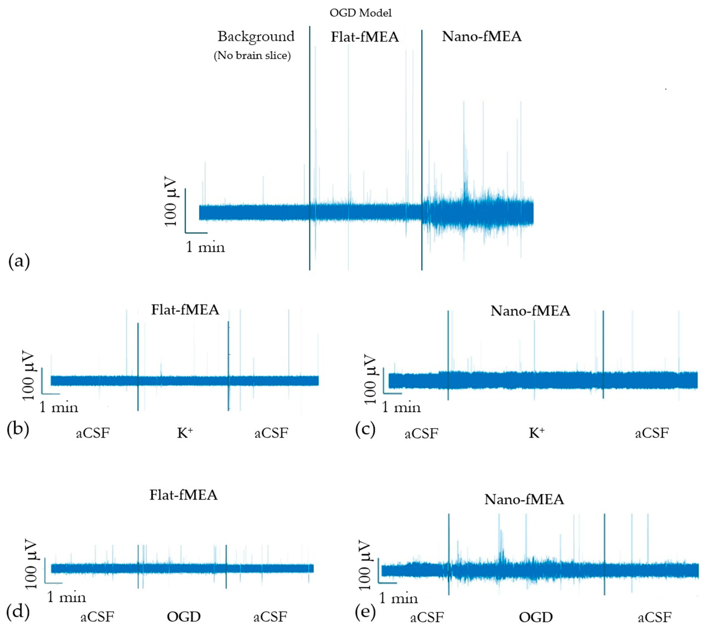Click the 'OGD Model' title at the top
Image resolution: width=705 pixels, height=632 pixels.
(x=360, y=13)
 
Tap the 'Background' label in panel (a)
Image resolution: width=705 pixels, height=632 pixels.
(x=256, y=36)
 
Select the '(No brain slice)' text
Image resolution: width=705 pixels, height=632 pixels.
(x=252, y=56)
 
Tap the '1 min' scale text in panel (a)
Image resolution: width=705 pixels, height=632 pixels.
(x=205, y=247)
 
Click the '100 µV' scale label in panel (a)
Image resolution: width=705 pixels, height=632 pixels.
(x=170, y=203)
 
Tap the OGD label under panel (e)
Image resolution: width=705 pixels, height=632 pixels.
(x=535, y=617)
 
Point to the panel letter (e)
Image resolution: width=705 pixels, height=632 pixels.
(x=365, y=613)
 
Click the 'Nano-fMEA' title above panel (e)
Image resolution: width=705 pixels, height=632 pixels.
(x=524, y=499)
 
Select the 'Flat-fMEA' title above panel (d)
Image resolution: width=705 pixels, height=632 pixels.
(x=183, y=495)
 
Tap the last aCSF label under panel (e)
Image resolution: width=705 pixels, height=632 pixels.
(x=655, y=617)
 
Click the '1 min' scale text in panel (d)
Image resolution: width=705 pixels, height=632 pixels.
(x=66, y=597)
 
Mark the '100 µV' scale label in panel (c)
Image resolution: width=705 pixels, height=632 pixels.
(x=371, y=380)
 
